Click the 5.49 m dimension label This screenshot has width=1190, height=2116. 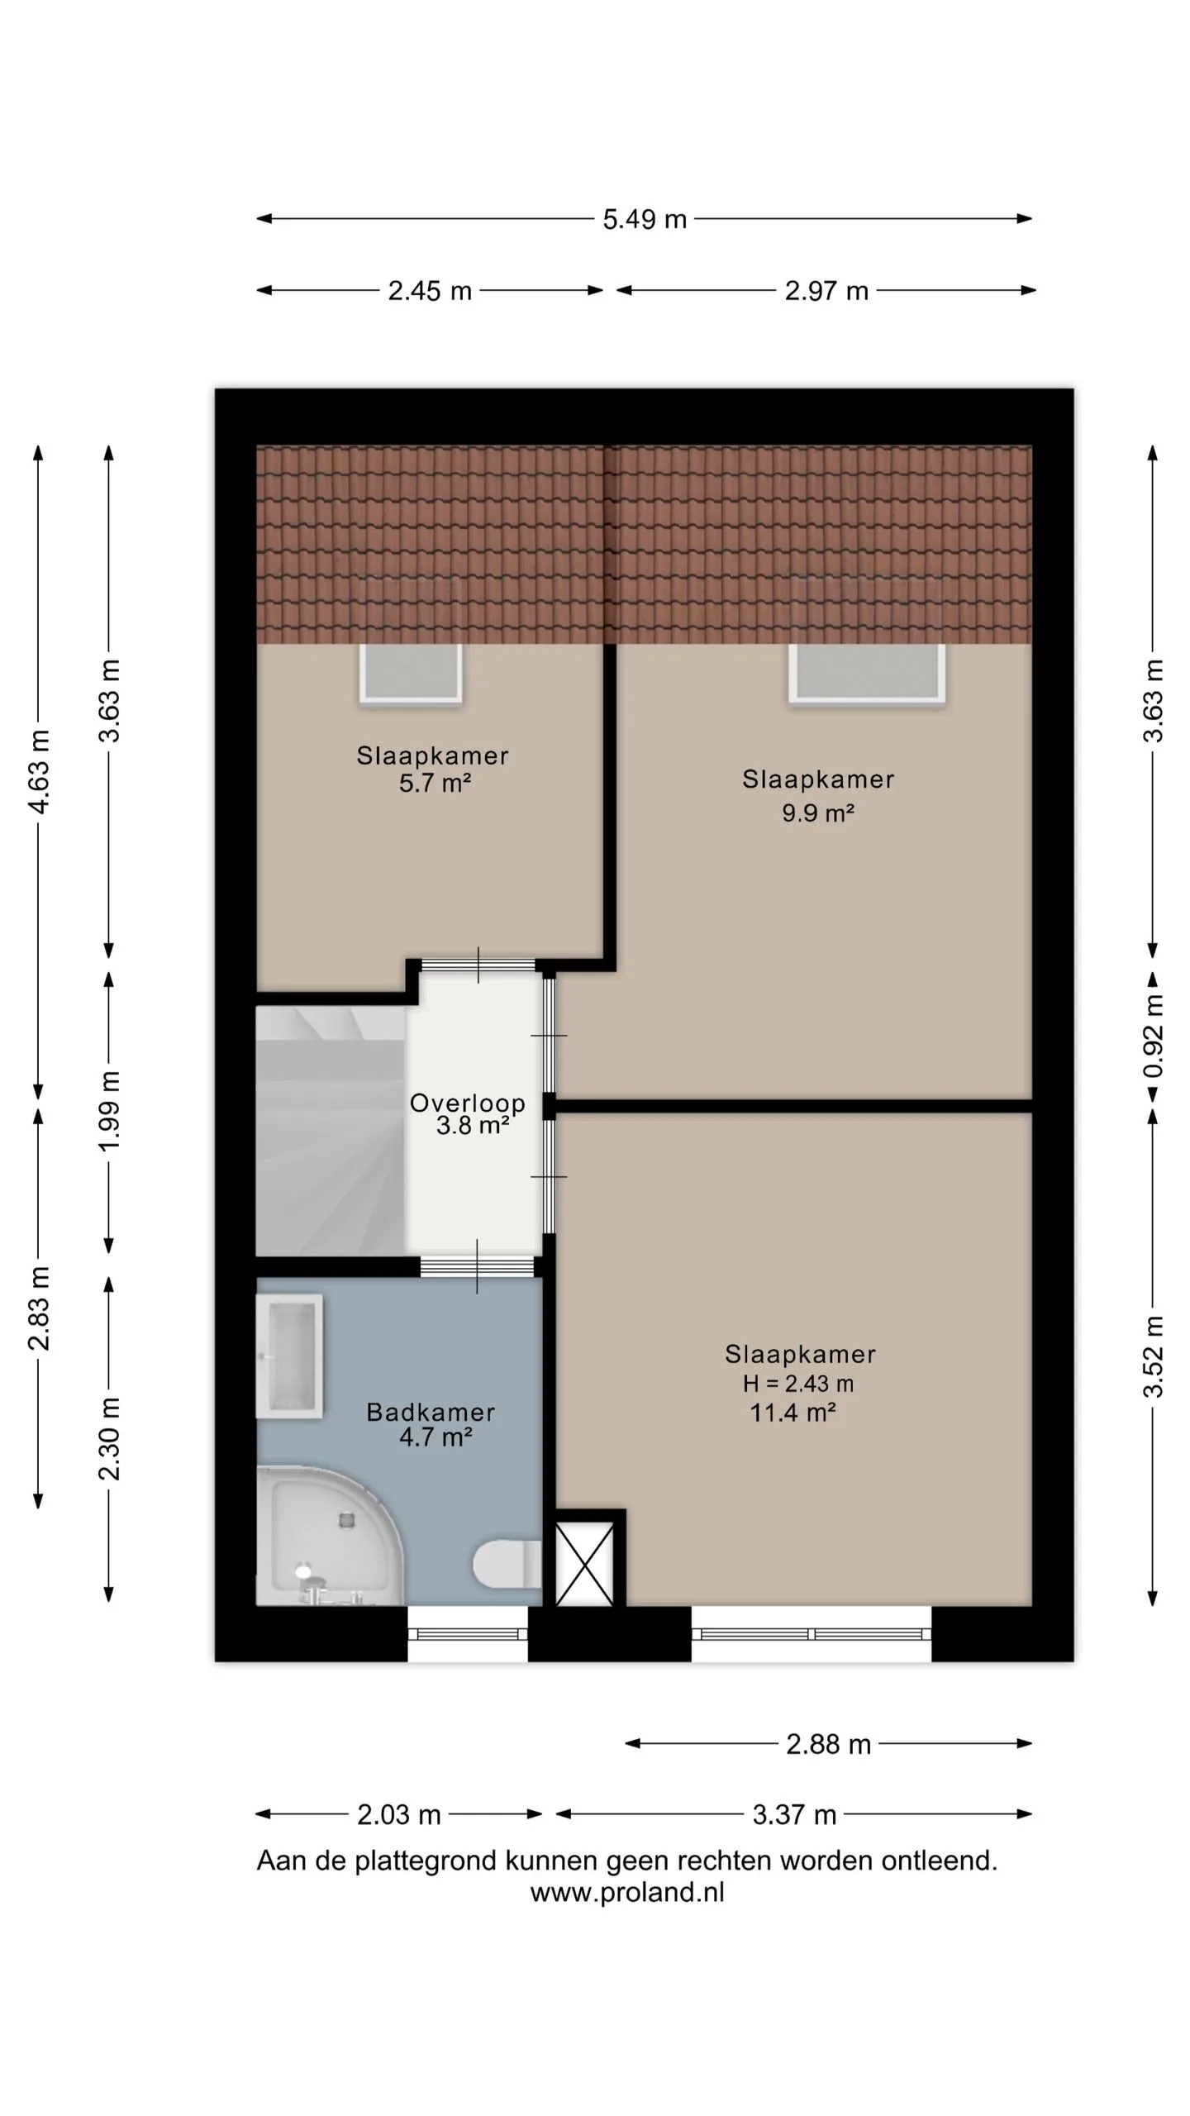tap(645, 219)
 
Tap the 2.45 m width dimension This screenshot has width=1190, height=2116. tap(430, 291)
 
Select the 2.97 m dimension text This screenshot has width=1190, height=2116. tap(826, 291)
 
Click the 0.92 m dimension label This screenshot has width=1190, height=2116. tap(1154, 1037)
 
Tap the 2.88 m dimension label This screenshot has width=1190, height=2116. tap(828, 1744)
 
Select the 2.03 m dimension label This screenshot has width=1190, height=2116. tap(399, 1815)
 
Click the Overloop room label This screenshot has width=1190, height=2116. tap(468, 1103)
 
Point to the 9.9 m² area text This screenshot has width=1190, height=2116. tap(818, 813)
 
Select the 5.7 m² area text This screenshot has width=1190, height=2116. tap(436, 783)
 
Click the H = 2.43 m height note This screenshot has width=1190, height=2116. tap(798, 1384)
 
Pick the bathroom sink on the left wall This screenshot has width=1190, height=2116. tap(289, 1356)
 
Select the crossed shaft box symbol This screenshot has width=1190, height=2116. tap(584, 1564)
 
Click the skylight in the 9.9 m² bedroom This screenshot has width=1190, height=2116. tap(866, 673)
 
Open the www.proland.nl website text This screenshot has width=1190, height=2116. tap(627, 1894)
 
